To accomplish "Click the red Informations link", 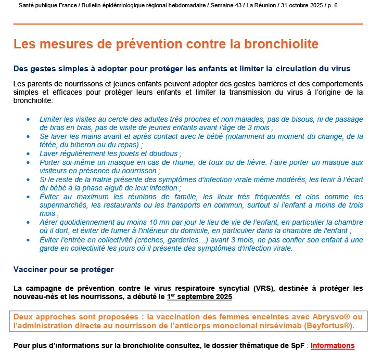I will tap(333, 345).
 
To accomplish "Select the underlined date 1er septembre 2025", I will tap(200, 297).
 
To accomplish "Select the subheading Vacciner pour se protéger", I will tap(63, 270).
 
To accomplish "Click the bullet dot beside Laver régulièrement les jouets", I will tap(28, 153).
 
